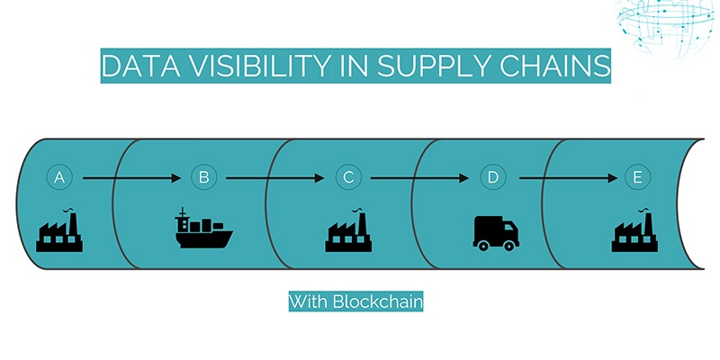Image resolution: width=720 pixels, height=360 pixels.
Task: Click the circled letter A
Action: [60, 178]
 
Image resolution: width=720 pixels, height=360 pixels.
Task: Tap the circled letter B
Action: [203, 178]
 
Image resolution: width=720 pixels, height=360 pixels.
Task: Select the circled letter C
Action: [348, 178]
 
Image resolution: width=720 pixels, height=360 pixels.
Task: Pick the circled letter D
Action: [492, 178]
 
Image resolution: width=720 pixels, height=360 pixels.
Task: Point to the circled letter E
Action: [637, 178]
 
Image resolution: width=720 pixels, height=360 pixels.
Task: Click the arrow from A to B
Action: [131, 178]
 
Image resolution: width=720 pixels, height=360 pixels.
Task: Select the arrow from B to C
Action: [275, 178]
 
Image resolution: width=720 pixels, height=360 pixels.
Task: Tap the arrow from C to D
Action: [420, 178]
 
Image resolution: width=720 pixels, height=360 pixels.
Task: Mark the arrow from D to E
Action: [564, 178]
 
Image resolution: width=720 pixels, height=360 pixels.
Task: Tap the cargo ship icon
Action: [202, 230]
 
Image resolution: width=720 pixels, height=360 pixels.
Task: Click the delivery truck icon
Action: [495, 232]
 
